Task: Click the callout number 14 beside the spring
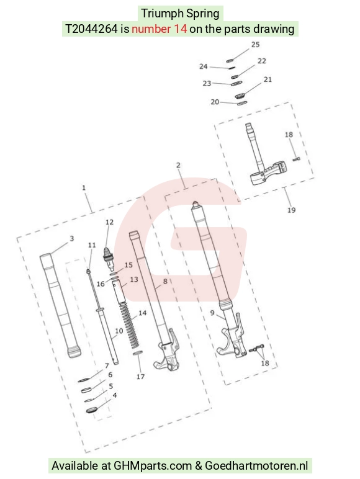pos(142,313)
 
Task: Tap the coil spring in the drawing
pos(128,325)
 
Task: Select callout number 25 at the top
pos(256,45)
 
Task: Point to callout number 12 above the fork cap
pos(109,222)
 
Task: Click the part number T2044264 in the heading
pos(91,29)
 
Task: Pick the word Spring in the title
pos(202,14)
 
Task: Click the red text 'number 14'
pos(159,29)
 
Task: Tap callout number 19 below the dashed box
pos(291,210)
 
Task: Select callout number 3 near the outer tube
pos(72,239)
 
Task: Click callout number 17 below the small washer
pos(140,377)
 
